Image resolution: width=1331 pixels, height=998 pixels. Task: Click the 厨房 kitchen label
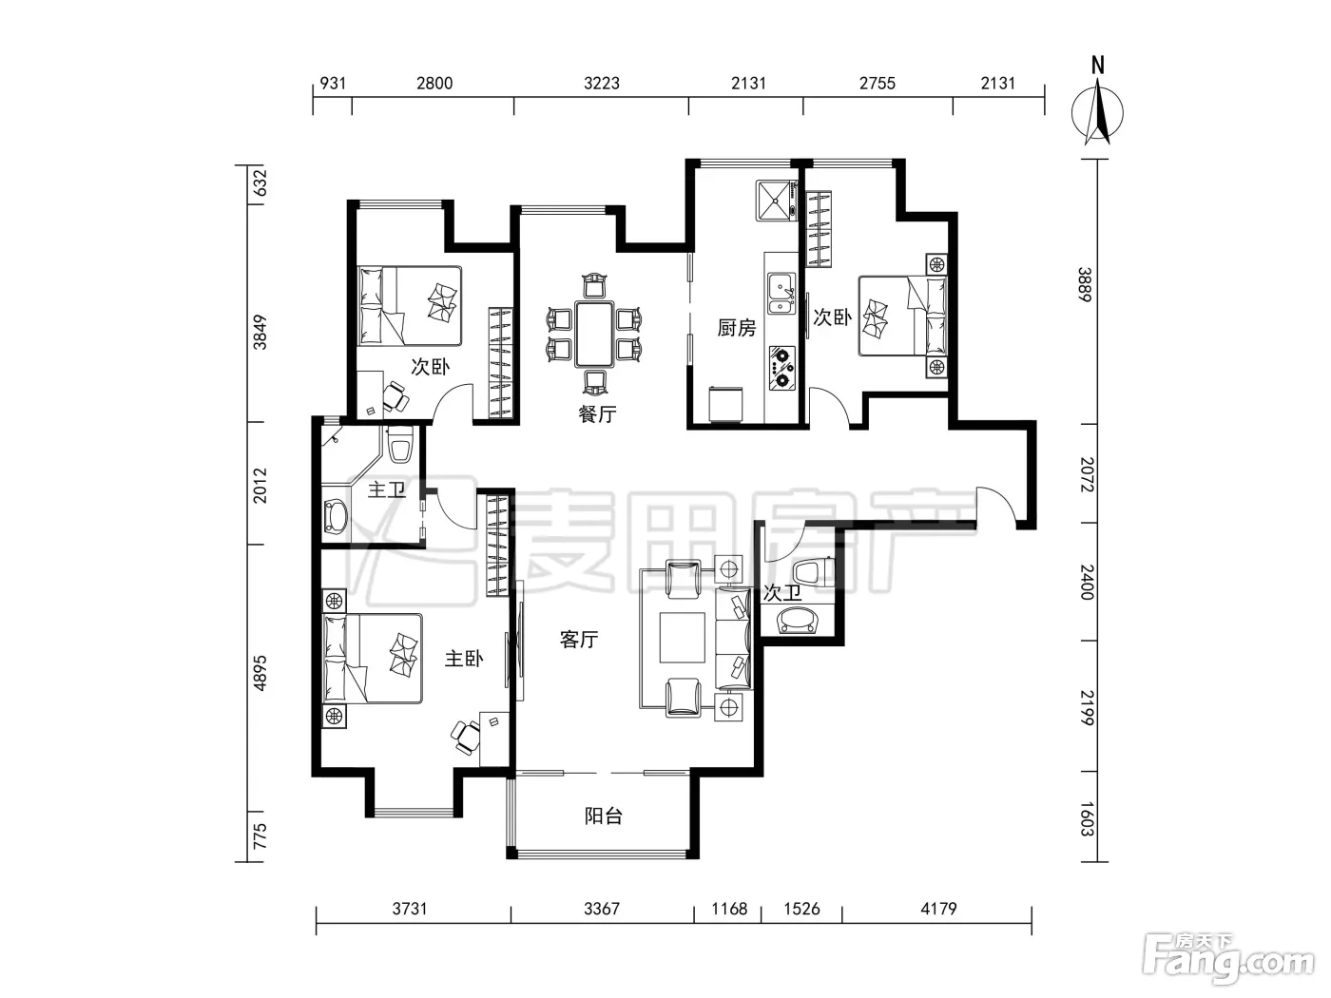[736, 328]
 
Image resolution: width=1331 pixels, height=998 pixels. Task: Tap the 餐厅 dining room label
[597, 414]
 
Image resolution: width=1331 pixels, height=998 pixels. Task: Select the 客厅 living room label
[579, 640]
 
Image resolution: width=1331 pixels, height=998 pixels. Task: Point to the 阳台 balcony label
[604, 816]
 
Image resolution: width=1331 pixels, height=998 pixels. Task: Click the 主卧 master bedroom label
[464, 659]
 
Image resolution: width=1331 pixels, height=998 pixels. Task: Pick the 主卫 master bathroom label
[386, 489]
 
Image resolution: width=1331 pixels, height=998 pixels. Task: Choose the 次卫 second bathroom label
[782, 592]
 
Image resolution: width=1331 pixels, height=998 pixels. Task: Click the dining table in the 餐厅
[595, 334]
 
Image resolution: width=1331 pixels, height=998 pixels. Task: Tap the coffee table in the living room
[683, 638]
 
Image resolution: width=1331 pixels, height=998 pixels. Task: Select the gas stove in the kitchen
[782, 367]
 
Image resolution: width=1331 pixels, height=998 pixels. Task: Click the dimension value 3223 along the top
[602, 83]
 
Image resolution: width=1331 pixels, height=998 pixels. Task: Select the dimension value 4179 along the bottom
[938, 909]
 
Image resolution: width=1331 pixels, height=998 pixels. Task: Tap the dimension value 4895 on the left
[260, 673]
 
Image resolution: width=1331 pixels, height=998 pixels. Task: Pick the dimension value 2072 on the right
[1088, 474]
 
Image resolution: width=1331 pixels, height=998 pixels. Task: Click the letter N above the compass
[1097, 66]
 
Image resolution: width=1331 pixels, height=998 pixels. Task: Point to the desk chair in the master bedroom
[465, 737]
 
